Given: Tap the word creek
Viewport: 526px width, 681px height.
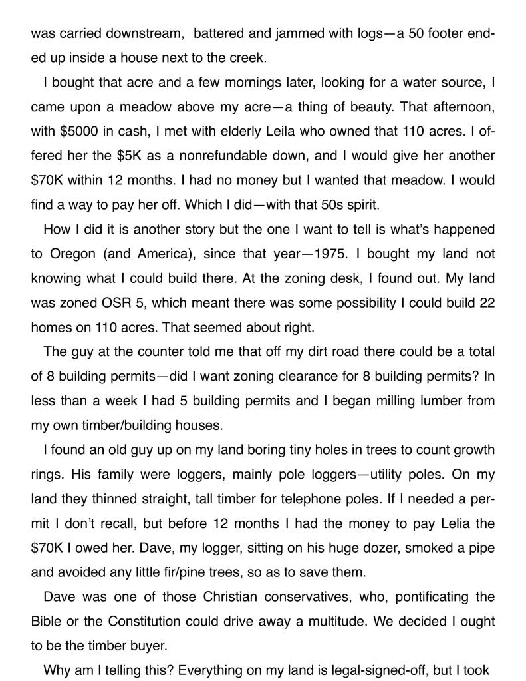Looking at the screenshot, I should click(x=247, y=57).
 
